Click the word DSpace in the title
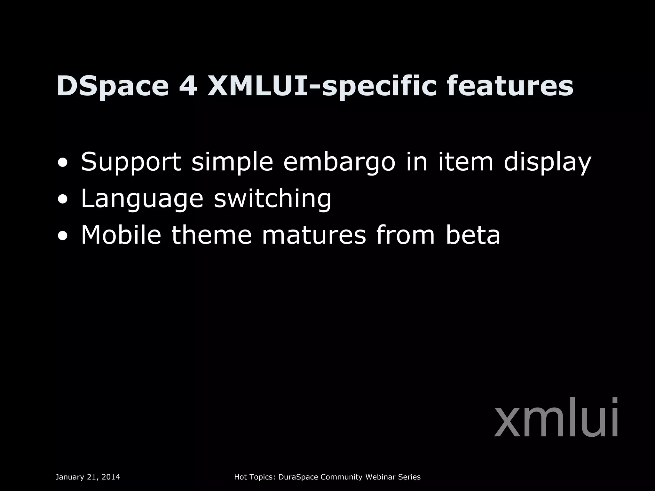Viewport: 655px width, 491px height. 113,86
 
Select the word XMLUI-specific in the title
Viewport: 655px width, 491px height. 322,86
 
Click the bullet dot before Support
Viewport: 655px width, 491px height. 63,163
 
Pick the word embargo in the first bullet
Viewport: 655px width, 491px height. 339,162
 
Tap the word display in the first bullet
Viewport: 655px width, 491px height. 548,162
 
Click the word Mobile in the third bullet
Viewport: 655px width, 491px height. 121,235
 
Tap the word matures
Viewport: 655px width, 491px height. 314,235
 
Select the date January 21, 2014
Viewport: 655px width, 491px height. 88,477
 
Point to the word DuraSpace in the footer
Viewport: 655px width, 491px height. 298,477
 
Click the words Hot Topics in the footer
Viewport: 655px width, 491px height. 255,477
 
